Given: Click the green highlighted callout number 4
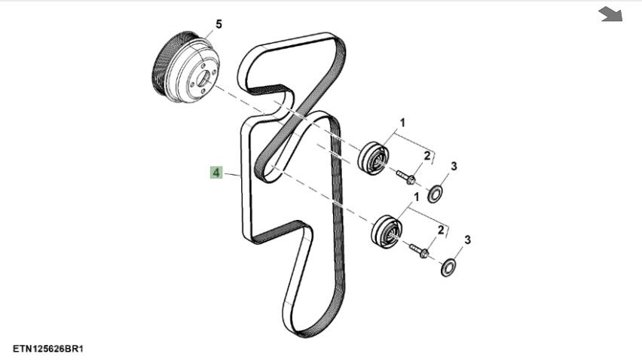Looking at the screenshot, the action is pyautogui.click(x=216, y=172).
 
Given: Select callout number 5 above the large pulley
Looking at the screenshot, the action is pyautogui.click(x=219, y=25).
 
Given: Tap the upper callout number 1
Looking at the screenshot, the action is pyautogui.click(x=402, y=123).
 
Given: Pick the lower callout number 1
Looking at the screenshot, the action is pyautogui.click(x=417, y=197).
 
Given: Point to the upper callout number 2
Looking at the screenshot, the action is pyautogui.click(x=427, y=156).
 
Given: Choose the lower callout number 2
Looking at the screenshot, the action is pyautogui.click(x=441, y=230).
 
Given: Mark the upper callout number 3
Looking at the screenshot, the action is pyautogui.click(x=454, y=166).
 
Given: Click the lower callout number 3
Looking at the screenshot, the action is pyautogui.click(x=468, y=240).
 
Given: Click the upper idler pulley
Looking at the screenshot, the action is pyautogui.click(x=374, y=158).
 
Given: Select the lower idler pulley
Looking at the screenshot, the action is pyautogui.click(x=387, y=231).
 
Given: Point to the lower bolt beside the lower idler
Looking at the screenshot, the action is pyautogui.click(x=419, y=251).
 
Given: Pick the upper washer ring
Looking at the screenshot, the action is pyautogui.click(x=435, y=194).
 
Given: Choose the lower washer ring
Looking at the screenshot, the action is pyautogui.click(x=448, y=267).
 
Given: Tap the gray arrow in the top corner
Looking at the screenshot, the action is pyautogui.click(x=610, y=14).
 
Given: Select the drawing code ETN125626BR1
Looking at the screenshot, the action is pyautogui.click(x=48, y=349).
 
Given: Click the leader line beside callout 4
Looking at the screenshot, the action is pyautogui.click(x=232, y=174).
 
